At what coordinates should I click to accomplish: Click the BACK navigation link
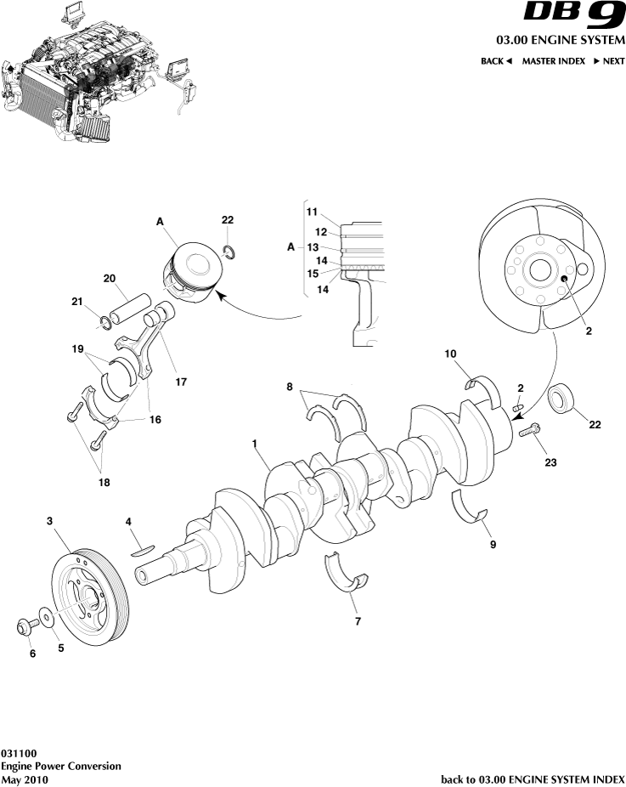tap(496, 61)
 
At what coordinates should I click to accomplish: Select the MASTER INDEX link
tap(553, 61)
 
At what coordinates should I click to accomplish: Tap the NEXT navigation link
tap(608, 61)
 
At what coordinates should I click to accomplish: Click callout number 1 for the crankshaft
tap(254, 443)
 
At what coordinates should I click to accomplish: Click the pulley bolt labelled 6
tap(24, 628)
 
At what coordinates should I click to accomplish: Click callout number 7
tap(358, 621)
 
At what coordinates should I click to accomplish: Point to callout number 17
tap(180, 382)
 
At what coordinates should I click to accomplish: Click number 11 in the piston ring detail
tap(312, 211)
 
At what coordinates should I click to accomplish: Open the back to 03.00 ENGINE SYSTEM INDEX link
tap(533, 779)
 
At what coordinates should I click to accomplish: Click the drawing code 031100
tap(18, 753)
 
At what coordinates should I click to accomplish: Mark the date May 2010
tap(25, 779)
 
